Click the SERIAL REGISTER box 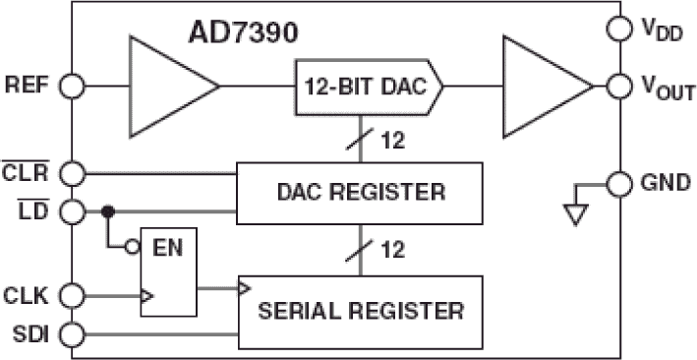tap(360, 312)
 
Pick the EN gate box tap(168, 272)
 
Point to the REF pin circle tap(72, 86)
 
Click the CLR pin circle tap(72, 174)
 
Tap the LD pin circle tap(72, 210)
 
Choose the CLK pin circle tap(72, 294)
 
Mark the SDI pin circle tap(72, 335)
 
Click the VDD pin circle tap(619, 30)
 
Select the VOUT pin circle tap(619, 87)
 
